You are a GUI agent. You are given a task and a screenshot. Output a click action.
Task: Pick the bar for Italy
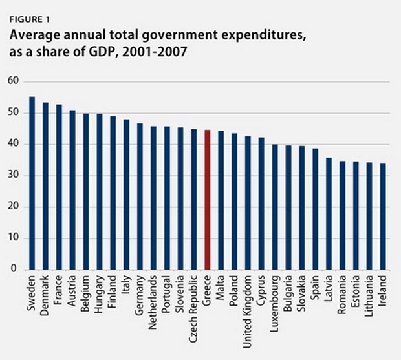tap(127, 195)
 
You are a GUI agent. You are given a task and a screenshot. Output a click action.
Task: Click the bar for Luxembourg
tap(275, 207)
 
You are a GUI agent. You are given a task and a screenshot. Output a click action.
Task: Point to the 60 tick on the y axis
tap(14, 82)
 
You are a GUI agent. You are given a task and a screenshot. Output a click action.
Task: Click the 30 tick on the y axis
tap(14, 176)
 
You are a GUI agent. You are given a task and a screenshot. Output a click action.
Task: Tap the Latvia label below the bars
tap(329, 290)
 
